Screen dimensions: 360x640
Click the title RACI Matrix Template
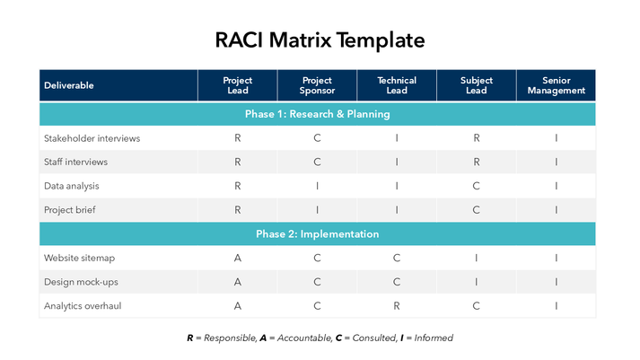click(320, 40)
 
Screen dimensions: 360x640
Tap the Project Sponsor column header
click(317, 85)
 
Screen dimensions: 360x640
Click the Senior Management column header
click(556, 85)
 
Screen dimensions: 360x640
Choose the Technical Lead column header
click(397, 85)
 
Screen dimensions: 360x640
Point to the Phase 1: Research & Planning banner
click(317, 114)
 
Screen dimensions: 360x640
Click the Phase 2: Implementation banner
click(317, 234)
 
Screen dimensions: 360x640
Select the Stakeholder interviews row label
click(92, 138)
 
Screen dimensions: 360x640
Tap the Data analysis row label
click(72, 186)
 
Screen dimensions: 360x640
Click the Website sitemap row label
click(79, 258)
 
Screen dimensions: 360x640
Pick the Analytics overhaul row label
click(84, 305)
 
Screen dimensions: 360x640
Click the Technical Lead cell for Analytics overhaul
click(397, 305)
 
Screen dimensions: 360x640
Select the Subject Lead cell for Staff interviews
click(476, 162)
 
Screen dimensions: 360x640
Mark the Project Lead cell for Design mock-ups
click(237, 282)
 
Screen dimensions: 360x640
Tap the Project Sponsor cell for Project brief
click(317, 210)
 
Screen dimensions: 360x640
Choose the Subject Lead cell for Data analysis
click(476, 186)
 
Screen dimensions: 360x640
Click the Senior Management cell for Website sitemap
click(556, 258)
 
